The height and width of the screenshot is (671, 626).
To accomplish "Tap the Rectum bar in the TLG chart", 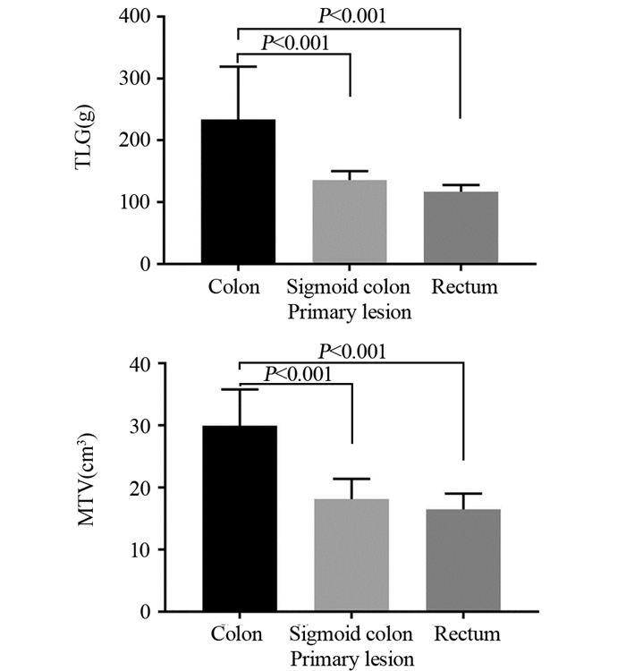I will click(461, 227).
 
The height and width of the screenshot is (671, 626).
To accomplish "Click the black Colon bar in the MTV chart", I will click(239, 518).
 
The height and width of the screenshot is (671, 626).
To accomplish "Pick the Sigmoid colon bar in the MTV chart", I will click(351, 555).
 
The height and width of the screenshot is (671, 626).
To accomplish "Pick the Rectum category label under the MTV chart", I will click(463, 634).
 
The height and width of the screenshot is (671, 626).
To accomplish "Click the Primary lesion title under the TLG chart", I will click(351, 312).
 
